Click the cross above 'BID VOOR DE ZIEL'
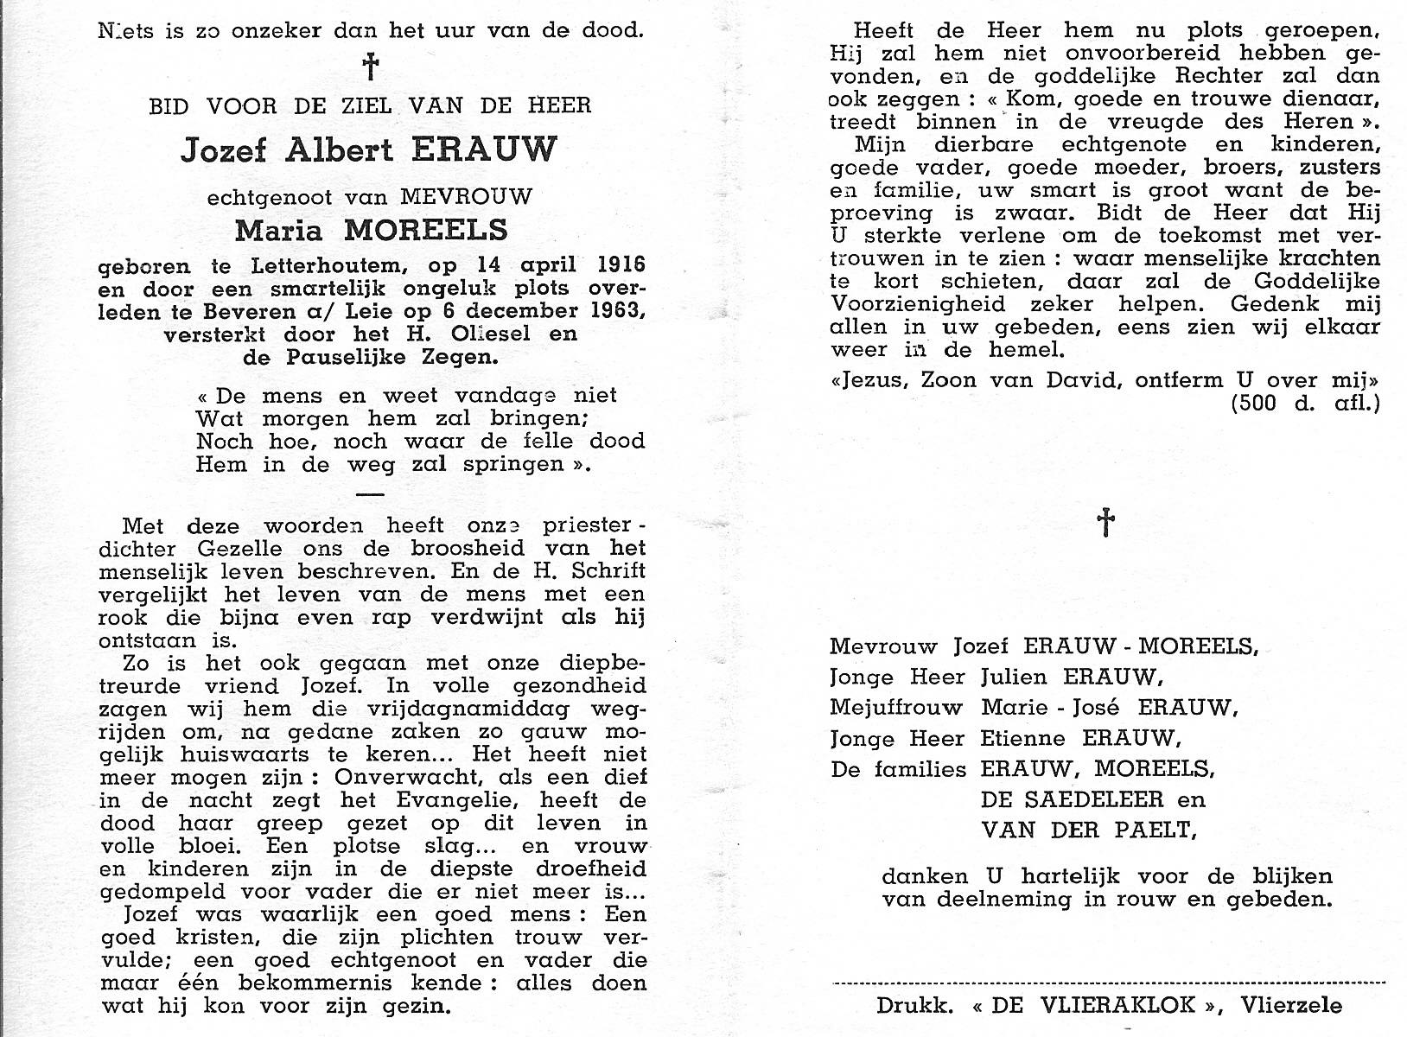click(370, 67)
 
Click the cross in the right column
click(1105, 522)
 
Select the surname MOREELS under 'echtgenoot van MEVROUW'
click(426, 232)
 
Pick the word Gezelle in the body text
click(233, 549)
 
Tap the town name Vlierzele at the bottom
click(1291, 1005)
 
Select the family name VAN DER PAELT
click(1088, 830)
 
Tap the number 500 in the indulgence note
click(1253, 403)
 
